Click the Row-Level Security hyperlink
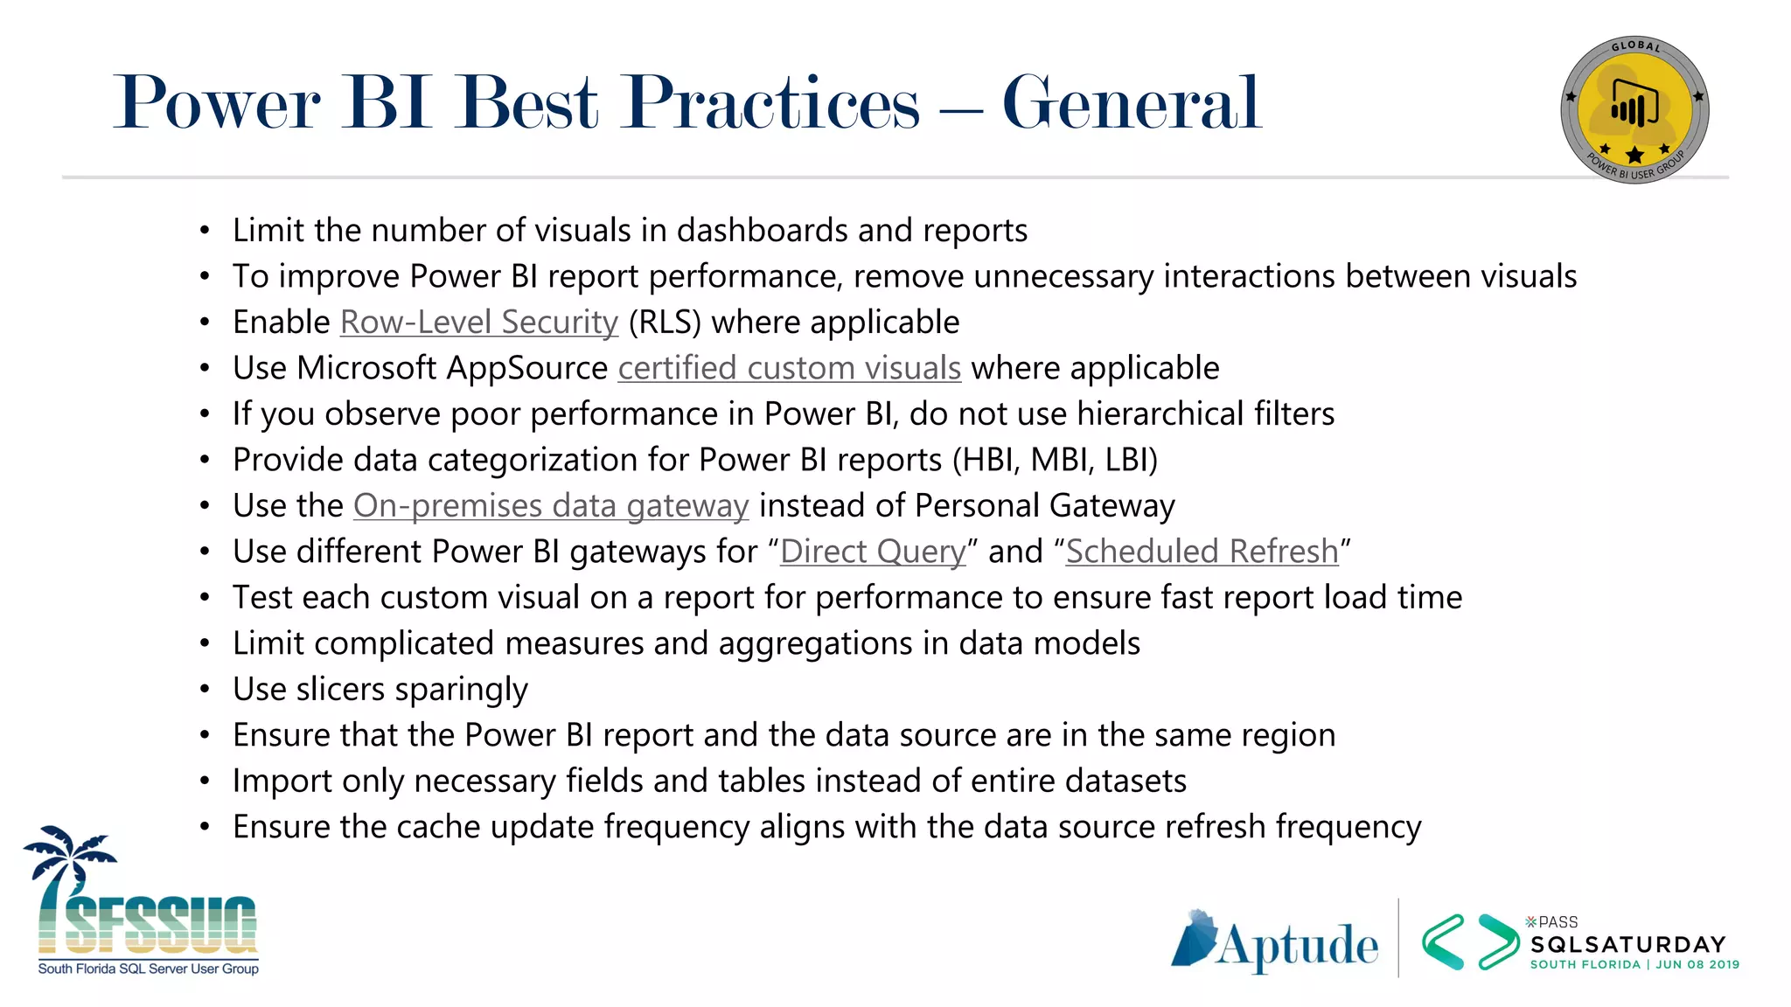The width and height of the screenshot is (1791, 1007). pyautogui.click(x=478, y=323)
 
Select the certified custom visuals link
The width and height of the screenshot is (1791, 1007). pyautogui.click(x=789, y=368)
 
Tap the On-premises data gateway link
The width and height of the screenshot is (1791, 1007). pyautogui.click(x=551, y=506)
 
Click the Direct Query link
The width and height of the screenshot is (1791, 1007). pyautogui.click(x=873, y=552)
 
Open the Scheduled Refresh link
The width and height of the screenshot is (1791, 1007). pyautogui.click(x=1202, y=552)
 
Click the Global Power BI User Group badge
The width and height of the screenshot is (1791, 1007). pyautogui.click(x=1634, y=110)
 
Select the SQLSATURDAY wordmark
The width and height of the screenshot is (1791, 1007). pyautogui.click(x=1627, y=945)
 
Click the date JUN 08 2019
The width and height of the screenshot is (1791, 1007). pyautogui.click(x=1697, y=965)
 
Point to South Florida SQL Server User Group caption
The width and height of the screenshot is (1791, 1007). pyautogui.click(x=148, y=969)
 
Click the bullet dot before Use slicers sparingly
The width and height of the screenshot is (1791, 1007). pyautogui.click(x=205, y=690)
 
